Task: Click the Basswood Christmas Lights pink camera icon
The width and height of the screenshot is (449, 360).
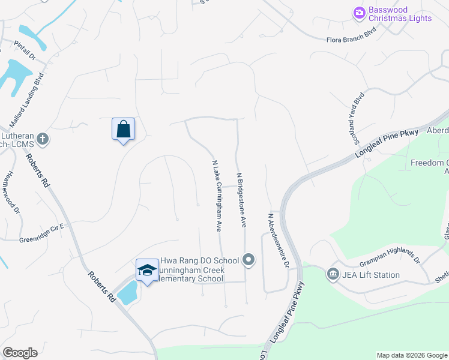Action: [360, 12]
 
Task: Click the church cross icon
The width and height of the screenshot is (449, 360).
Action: [42, 139]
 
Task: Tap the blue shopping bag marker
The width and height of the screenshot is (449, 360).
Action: [123, 129]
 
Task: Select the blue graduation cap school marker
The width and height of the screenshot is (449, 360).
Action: [147, 270]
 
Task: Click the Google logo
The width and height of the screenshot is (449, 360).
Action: [20, 353]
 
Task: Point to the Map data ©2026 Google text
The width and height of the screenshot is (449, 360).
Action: [411, 355]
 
